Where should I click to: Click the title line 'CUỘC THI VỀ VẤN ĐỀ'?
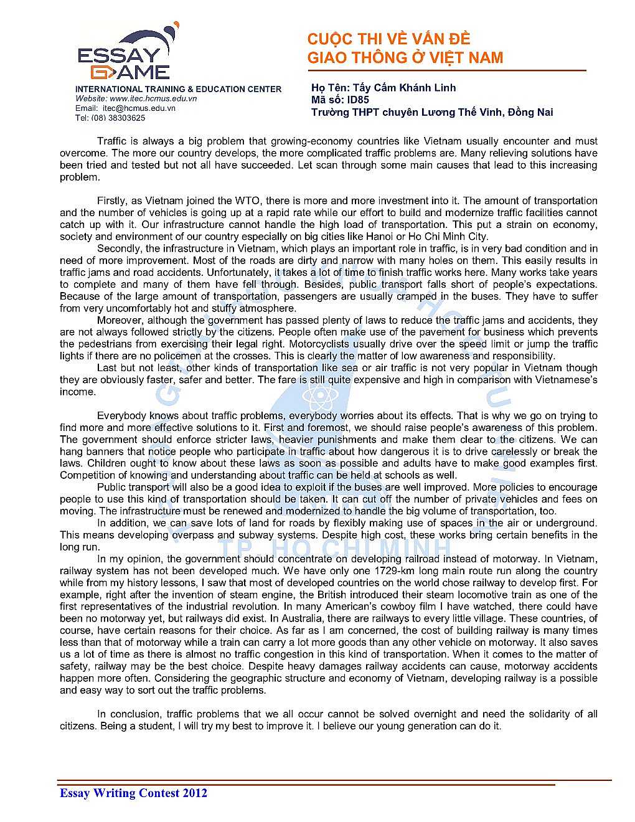pyautogui.click(x=388, y=39)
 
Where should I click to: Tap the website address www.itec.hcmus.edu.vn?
pyautogui.click(x=153, y=98)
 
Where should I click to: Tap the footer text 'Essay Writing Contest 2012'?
pyautogui.click(x=133, y=793)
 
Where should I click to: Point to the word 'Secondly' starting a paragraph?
pyautogui.click(x=118, y=248)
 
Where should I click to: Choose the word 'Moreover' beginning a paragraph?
pyautogui.click(x=119, y=320)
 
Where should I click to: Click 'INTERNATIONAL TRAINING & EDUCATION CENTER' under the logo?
pyautogui.click(x=178, y=89)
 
